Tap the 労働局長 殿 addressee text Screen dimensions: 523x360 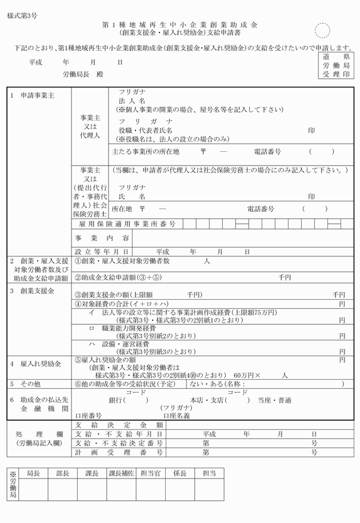[x=83, y=75]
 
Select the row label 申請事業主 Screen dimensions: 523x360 [x=37, y=95]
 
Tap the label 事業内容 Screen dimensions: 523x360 [x=102, y=238]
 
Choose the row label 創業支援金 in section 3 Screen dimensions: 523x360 [x=37, y=291]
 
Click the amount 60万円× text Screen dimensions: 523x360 [x=247, y=375]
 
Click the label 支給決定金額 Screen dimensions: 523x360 [x=119, y=425]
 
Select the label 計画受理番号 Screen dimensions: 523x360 [x=119, y=452]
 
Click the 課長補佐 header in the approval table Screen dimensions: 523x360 [x=121, y=473]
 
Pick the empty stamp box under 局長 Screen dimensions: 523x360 [x=33, y=490]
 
